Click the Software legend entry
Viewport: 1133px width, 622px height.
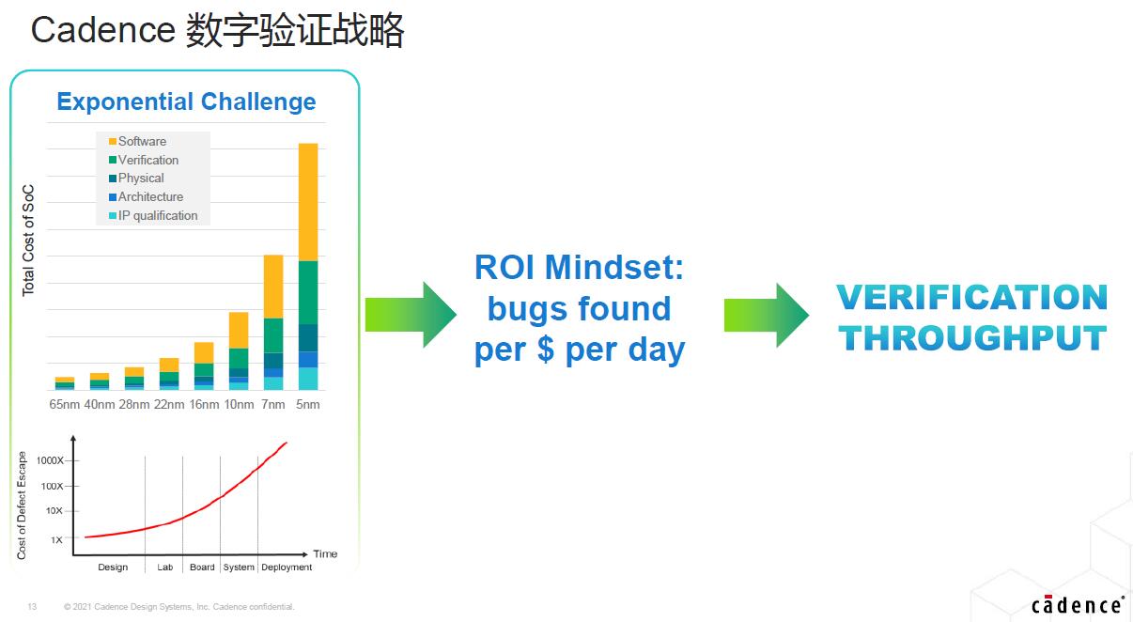tap(137, 141)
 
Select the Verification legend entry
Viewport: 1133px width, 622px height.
tap(144, 160)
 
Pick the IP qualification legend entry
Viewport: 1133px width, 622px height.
tap(153, 215)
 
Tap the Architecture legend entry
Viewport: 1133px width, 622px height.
tap(147, 196)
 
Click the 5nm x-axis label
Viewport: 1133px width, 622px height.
tap(307, 405)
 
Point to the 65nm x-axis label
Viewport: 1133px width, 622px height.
tap(64, 405)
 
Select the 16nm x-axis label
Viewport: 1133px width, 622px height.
tap(204, 405)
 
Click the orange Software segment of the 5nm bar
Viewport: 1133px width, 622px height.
tap(308, 202)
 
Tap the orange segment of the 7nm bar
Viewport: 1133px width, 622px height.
tap(273, 287)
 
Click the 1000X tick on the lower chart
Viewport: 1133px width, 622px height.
tap(50, 460)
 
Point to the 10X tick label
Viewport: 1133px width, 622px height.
tap(54, 511)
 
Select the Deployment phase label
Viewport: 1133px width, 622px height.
tap(287, 568)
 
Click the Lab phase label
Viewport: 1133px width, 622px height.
tap(165, 567)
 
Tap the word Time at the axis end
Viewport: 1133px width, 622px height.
tap(325, 553)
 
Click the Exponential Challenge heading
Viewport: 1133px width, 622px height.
tap(186, 101)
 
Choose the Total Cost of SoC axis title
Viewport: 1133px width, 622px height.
tap(28, 241)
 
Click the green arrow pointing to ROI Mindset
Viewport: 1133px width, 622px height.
tap(411, 315)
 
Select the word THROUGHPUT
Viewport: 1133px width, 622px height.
tap(972, 337)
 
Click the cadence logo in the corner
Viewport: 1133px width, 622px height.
tap(1078, 604)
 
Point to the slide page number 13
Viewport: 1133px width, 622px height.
tap(32, 606)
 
